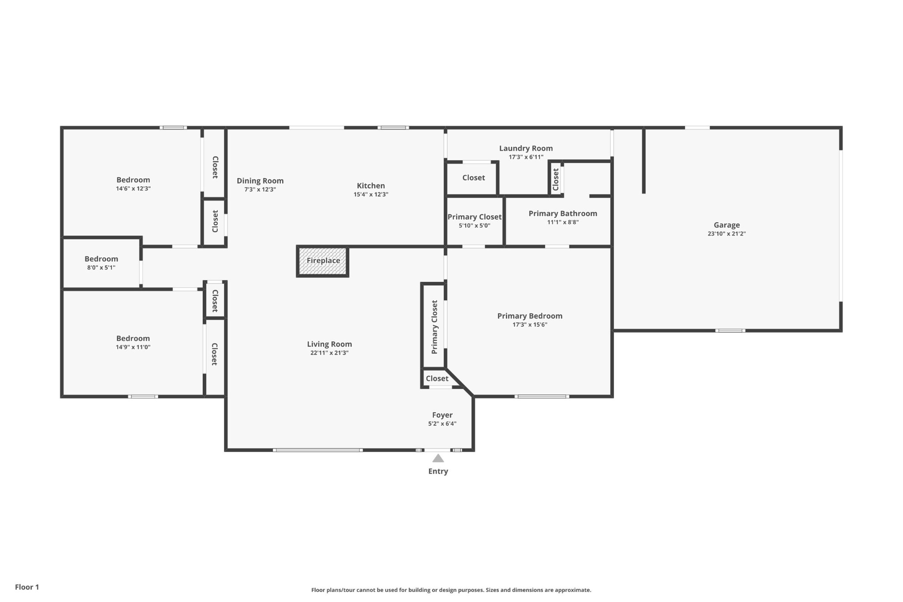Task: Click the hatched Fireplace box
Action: click(323, 261)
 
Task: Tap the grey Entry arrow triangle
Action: click(438, 458)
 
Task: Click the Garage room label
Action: click(727, 225)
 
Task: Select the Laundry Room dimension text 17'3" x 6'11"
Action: click(526, 157)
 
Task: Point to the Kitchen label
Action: click(371, 186)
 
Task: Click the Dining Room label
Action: click(260, 181)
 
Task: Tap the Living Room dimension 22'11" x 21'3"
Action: click(329, 353)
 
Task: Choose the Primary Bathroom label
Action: click(563, 213)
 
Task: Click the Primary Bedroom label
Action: click(530, 316)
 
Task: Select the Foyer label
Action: click(442, 415)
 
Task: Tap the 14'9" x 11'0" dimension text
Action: click(133, 347)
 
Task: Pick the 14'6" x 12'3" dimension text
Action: click(133, 188)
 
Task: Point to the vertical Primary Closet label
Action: click(434, 327)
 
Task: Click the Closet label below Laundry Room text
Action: click(474, 178)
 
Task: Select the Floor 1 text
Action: click(27, 587)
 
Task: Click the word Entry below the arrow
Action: click(438, 471)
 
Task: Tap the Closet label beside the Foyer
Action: click(437, 378)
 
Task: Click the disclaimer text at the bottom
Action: click(451, 590)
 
